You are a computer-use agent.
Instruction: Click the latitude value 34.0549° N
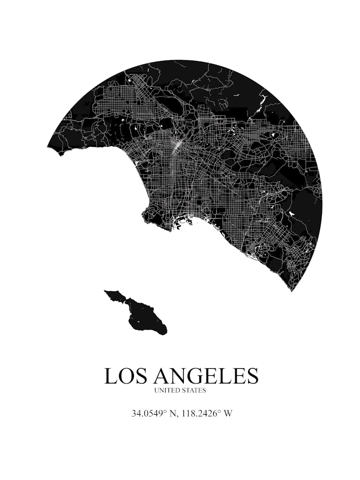point(154,413)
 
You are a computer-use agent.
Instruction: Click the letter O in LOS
point(125,376)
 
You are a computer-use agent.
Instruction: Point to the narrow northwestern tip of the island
point(107,291)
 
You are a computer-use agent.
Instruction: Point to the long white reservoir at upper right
point(262,102)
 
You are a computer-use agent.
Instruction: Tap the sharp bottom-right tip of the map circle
point(291,289)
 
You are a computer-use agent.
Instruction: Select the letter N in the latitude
point(168,413)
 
